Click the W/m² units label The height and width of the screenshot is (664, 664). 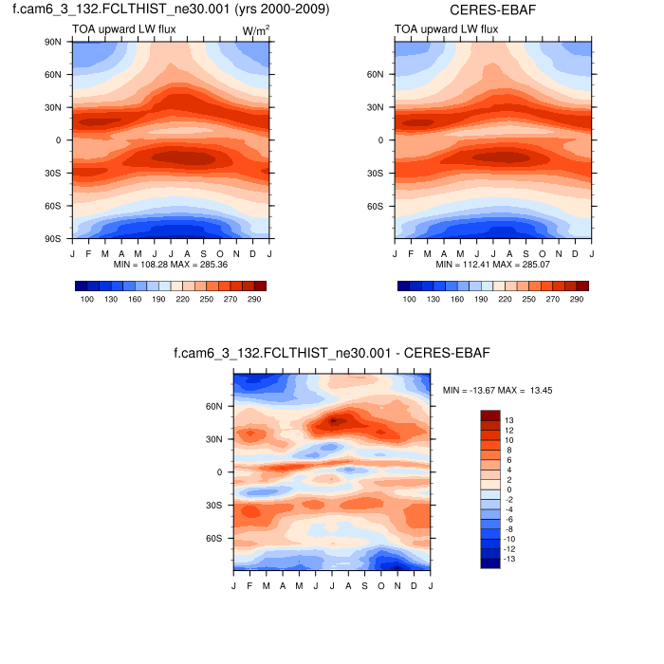(255, 30)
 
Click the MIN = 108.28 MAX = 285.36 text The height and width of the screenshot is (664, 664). (171, 265)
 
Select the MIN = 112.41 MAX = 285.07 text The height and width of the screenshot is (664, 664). (493, 265)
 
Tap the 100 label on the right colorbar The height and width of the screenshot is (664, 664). (411, 299)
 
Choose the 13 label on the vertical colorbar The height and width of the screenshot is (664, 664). (508, 419)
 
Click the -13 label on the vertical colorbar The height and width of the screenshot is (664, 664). (510, 560)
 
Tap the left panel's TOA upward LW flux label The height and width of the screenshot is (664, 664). (119, 30)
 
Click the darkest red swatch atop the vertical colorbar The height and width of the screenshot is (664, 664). (489, 415)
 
